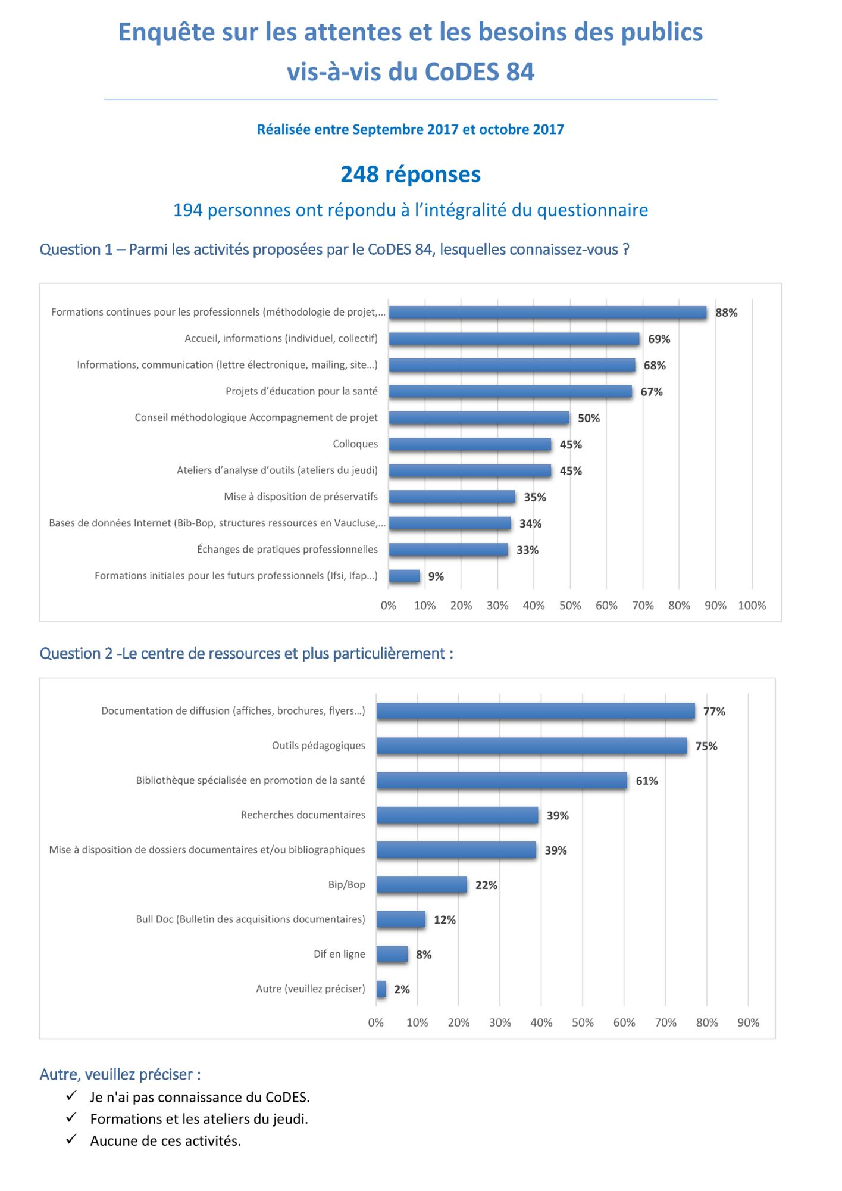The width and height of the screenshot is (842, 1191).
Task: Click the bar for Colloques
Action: tap(470, 444)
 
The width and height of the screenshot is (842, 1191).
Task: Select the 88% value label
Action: tap(726, 313)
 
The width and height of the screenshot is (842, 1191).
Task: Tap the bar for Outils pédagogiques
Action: tap(531, 746)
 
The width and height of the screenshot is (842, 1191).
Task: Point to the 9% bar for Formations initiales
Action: tap(405, 576)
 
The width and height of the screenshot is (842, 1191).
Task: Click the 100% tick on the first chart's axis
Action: tap(752, 606)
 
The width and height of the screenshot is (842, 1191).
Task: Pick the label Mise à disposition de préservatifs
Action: tap(301, 497)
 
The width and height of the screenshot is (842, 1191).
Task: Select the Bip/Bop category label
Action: tap(346, 884)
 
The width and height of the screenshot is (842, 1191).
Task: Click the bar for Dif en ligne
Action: tap(392, 954)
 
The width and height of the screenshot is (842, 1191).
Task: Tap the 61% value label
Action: tap(647, 781)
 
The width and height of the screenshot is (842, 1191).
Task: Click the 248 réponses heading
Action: tap(411, 174)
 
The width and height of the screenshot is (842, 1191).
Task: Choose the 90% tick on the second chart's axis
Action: tap(748, 1022)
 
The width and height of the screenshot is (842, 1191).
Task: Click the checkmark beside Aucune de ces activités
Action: tap(71, 1139)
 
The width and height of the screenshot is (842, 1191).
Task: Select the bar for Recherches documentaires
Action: tap(457, 815)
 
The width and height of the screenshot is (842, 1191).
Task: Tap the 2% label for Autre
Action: tap(402, 989)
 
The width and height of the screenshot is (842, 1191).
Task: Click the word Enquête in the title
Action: tap(167, 32)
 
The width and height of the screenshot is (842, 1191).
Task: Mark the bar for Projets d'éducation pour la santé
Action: tap(511, 391)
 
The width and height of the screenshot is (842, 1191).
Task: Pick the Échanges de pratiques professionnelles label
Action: tap(287, 549)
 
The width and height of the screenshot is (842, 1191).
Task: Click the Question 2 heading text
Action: tap(246, 654)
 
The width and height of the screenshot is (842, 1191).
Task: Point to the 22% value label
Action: tap(486, 885)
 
